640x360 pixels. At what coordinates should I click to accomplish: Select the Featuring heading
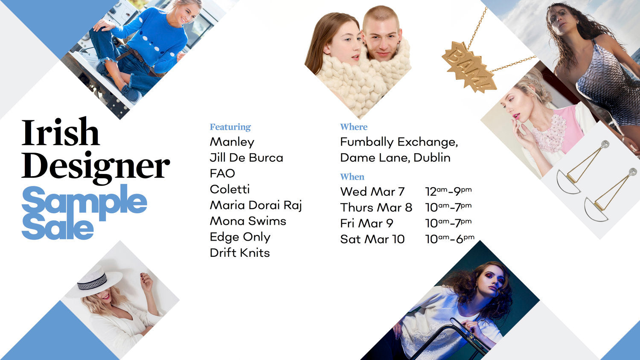coord(230,127)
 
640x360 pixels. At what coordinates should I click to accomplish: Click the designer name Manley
coord(232,142)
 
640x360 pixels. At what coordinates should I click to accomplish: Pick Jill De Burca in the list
coord(246,157)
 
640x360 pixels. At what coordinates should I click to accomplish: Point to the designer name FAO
coord(222,173)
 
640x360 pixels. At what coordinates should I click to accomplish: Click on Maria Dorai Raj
coord(256,205)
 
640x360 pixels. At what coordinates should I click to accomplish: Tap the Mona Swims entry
coord(247,221)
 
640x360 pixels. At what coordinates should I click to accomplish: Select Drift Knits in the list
coord(239,253)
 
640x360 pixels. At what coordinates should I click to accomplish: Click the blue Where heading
coord(353,127)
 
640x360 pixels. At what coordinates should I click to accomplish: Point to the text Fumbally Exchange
coord(399,142)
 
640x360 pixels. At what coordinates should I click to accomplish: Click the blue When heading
coord(352,177)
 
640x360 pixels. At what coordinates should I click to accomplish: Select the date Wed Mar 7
coord(372,192)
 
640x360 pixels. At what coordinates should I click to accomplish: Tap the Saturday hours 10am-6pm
coord(449,239)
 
